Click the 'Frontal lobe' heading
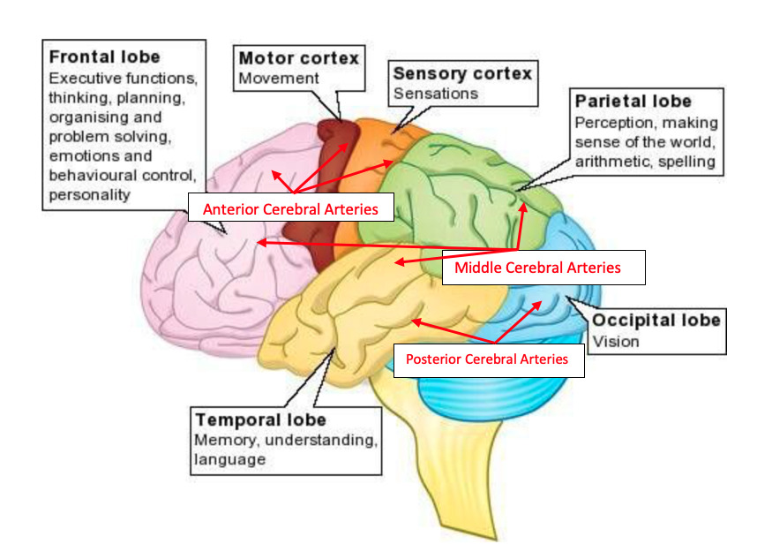pos(104,58)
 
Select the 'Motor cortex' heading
pos(299,58)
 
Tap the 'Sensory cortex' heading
pos(462,73)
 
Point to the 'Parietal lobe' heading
pos(633,102)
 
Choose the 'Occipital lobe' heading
pos(656,321)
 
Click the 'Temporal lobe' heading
pos(260,419)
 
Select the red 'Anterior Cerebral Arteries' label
pos(290,210)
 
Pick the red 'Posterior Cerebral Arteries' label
pos(487,359)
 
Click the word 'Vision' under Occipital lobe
pos(615,341)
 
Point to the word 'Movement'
pos(278,78)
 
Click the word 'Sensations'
pos(435,93)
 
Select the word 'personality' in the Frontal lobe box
pos(89,194)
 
